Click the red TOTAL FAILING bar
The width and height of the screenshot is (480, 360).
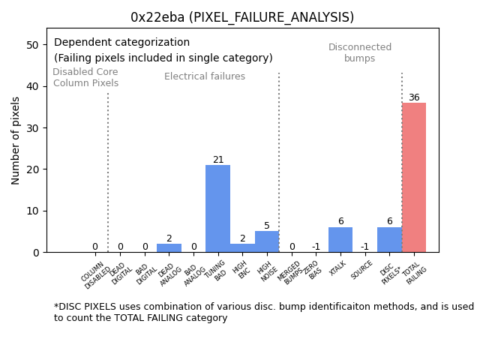click(414, 178)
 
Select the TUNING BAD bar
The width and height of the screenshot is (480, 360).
click(217, 208)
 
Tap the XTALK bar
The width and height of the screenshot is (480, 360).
click(340, 240)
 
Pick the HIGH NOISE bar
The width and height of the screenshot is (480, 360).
click(267, 241)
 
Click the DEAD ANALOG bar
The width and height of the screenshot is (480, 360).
click(169, 248)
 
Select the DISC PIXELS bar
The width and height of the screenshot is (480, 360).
click(389, 240)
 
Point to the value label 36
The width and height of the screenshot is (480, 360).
click(414, 97)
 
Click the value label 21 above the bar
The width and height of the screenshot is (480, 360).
click(218, 160)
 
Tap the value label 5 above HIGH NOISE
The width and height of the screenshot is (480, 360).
click(267, 226)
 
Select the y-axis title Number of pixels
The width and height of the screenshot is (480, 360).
click(16, 140)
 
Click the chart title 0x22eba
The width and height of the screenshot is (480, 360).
click(241, 17)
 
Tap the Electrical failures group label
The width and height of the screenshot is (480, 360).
click(205, 76)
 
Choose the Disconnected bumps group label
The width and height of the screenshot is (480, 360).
click(360, 53)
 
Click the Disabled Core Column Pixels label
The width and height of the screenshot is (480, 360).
click(85, 78)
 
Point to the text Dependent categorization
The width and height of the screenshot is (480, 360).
click(121, 43)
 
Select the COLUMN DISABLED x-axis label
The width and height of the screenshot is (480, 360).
click(95, 275)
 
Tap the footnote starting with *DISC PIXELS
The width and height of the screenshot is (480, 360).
click(263, 312)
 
